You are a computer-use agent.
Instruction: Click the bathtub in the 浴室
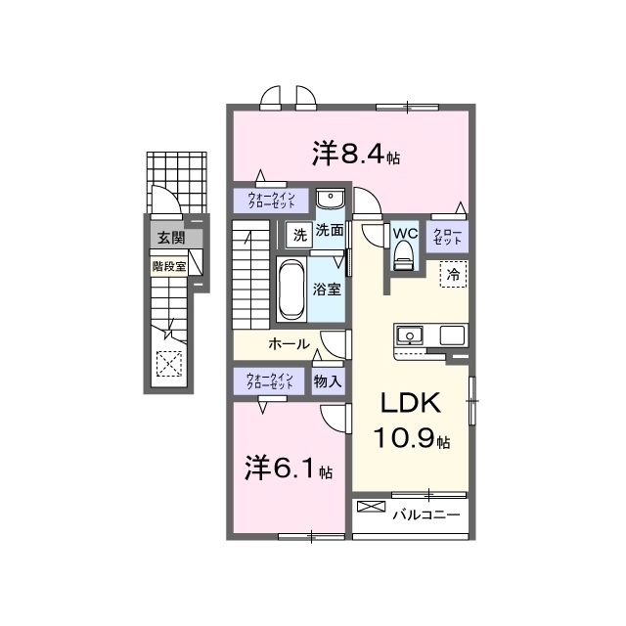click(x=291, y=290)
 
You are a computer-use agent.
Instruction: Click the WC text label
click(x=405, y=233)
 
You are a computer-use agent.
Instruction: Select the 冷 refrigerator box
click(x=453, y=275)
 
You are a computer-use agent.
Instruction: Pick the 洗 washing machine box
click(x=298, y=233)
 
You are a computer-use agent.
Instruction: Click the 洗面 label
click(x=330, y=232)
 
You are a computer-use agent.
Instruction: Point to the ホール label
click(x=290, y=344)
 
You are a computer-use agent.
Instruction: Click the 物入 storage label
click(x=328, y=381)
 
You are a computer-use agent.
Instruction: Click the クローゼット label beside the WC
click(x=447, y=235)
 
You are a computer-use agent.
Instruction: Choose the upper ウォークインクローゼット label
click(x=271, y=201)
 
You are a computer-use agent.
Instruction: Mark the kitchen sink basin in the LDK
click(x=408, y=335)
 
